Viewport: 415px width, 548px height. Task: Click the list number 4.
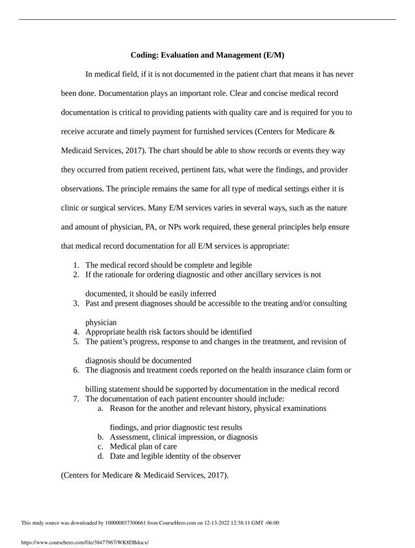[x=76, y=332]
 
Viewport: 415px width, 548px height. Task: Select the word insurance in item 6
[x=283, y=370]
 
